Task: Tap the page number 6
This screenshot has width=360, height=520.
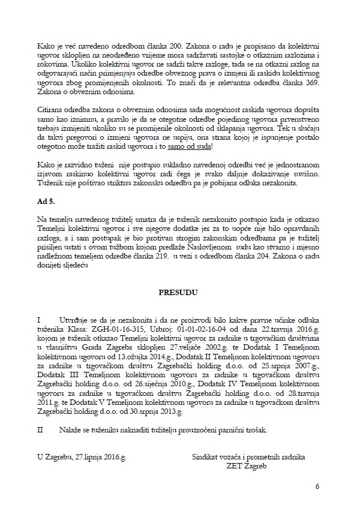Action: coord(316,485)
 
